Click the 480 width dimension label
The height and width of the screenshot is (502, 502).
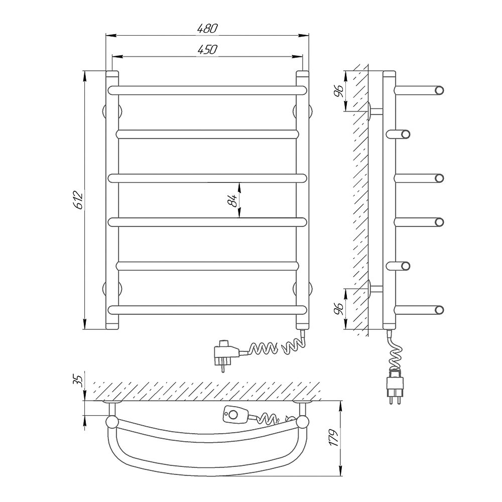pos(207,29)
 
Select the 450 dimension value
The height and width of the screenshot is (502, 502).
pos(207,50)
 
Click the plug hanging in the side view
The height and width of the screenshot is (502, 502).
pos(396,386)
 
